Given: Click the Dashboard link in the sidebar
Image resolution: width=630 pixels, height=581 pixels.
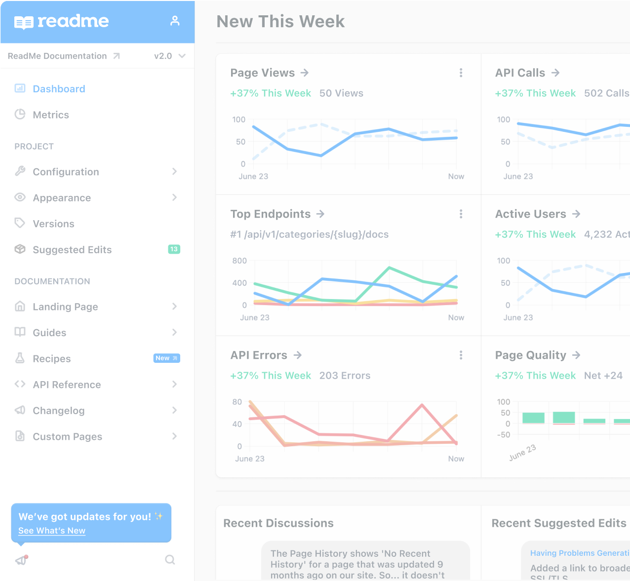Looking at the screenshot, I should coord(59,89).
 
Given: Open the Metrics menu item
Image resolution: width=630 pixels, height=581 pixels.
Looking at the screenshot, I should coord(50,115).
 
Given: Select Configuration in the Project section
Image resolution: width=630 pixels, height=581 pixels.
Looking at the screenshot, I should coord(66,172).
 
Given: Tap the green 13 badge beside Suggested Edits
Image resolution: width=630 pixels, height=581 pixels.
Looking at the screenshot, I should coord(174,249).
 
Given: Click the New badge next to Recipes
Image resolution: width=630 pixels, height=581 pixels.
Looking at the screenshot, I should coord(166,358).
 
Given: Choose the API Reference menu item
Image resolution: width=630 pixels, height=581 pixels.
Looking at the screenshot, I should coord(67,385).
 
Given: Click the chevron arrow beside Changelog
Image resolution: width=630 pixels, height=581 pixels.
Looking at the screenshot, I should coord(174,410).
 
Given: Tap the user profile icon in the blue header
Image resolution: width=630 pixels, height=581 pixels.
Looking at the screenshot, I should coord(175,21).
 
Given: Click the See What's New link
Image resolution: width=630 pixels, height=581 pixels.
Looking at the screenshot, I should coord(52,531).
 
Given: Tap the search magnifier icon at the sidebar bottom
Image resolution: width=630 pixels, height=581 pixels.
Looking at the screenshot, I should coord(170,560).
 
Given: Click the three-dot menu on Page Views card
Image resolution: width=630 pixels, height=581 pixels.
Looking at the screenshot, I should coord(461,73).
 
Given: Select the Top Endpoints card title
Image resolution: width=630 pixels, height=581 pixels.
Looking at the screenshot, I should coord(271,214).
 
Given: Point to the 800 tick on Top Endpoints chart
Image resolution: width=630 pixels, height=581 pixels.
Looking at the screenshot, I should coord(239,261).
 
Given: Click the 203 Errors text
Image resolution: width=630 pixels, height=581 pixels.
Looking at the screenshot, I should coord(345,376).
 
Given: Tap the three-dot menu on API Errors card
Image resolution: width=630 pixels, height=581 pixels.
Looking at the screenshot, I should coord(461,355).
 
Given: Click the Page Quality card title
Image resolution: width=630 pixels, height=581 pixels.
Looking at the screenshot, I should coord(531,355).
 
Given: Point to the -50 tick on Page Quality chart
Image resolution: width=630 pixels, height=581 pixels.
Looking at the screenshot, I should coord(504,435).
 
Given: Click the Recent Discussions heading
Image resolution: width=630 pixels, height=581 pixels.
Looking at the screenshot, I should coord(278,523).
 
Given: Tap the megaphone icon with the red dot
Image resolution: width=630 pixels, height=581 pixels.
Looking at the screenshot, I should coord(21,560).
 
